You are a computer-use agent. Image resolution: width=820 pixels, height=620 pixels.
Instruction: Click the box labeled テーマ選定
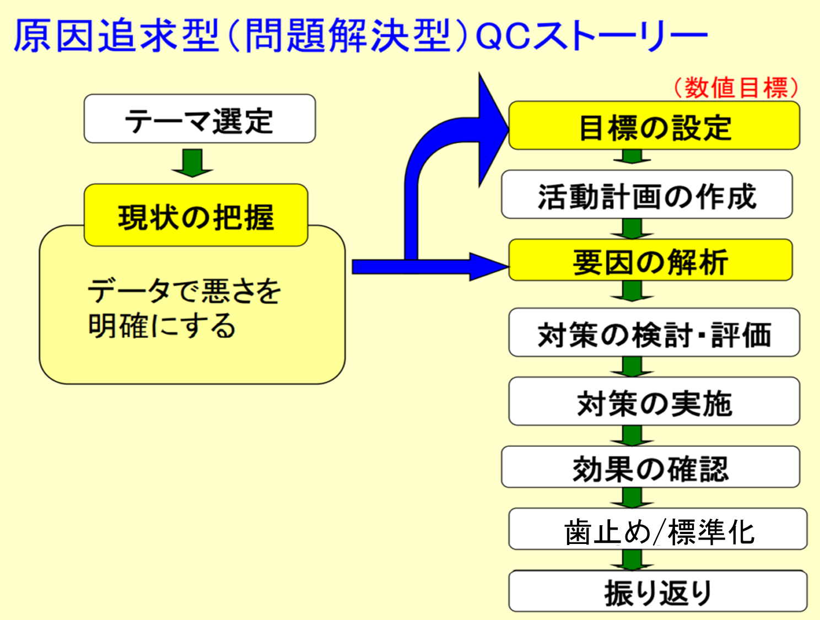click(x=199, y=118)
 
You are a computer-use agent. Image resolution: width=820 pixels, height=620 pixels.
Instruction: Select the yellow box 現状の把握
click(x=196, y=215)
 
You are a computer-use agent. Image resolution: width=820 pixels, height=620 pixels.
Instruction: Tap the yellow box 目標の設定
click(x=654, y=125)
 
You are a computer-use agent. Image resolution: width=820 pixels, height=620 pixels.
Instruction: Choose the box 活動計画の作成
click(x=646, y=194)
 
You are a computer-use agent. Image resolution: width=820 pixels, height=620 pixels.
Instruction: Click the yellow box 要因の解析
click(x=650, y=260)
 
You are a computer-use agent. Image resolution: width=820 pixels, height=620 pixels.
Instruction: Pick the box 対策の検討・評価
click(x=654, y=332)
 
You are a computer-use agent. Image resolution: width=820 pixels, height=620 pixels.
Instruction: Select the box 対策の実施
click(x=654, y=401)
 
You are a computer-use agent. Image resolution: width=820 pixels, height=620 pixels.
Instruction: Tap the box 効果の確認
click(x=650, y=467)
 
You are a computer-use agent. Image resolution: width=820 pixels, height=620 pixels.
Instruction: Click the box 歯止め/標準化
click(x=657, y=529)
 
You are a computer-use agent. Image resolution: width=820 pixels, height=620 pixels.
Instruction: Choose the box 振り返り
click(x=657, y=591)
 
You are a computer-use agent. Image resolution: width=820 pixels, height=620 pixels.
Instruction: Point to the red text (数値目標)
click(x=736, y=88)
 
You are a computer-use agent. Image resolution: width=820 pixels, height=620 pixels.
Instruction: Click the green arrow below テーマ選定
click(x=192, y=163)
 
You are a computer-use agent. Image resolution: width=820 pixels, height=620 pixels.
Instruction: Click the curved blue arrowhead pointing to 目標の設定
click(x=493, y=130)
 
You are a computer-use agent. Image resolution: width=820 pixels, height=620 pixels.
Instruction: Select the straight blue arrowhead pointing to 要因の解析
click(x=489, y=267)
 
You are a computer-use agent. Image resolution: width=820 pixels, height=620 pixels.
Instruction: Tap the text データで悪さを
click(x=184, y=291)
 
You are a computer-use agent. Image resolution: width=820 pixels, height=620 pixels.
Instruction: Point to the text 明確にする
click(x=162, y=325)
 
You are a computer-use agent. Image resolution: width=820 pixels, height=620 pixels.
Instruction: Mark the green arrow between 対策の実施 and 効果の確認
click(x=632, y=436)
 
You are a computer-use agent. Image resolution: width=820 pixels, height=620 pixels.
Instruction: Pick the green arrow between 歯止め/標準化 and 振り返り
click(x=632, y=560)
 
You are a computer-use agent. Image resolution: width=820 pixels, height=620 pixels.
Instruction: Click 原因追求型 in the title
click(x=116, y=35)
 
